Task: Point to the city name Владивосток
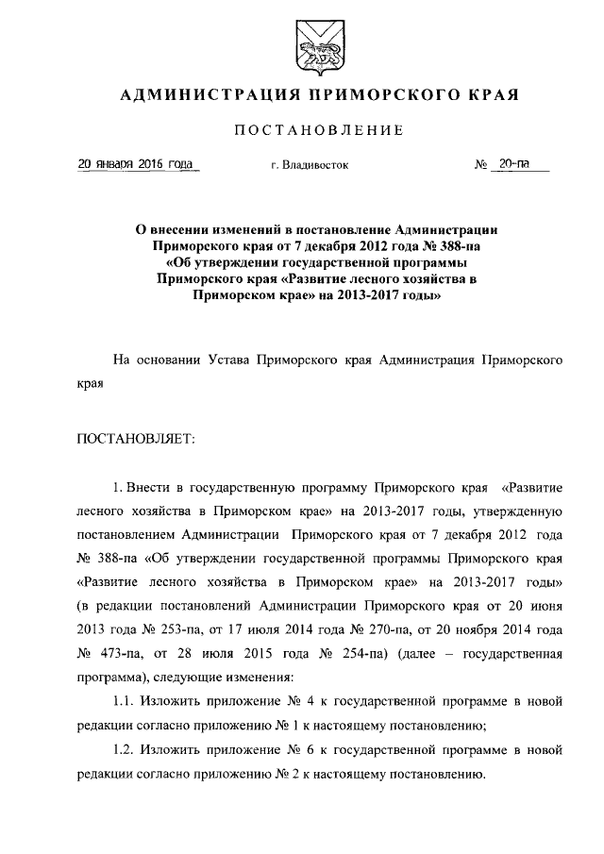point(316,165)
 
